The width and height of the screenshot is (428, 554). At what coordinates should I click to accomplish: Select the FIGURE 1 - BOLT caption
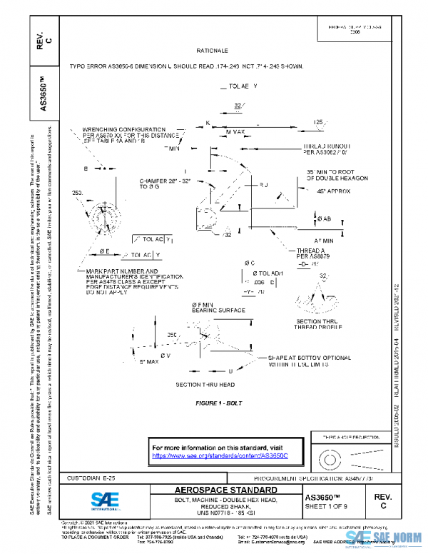pyautogui.click(x=219, y=403)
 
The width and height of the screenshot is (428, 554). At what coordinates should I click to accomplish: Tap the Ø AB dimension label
pyautogui.click(x=323, y=218)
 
